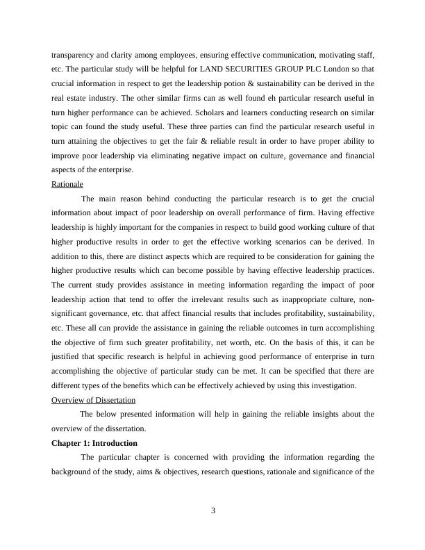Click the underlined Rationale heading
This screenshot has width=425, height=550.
click(x=67, y=184)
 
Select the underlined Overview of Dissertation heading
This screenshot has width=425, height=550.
click(x=93, y=400)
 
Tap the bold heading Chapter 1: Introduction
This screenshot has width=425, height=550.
click(x=94, y=443)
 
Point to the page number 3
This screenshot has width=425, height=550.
click(x=213, y=512)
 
